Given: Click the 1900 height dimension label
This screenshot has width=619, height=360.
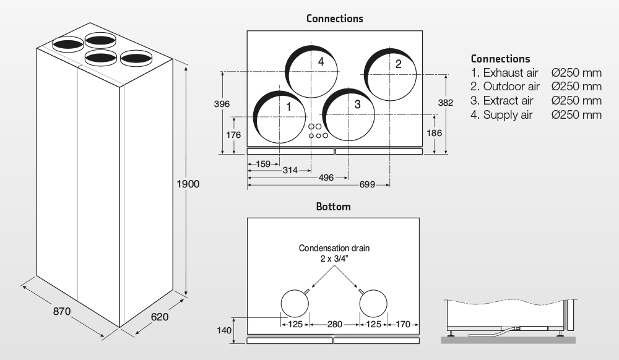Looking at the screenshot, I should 188,184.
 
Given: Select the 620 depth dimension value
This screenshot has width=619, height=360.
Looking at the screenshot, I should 159,317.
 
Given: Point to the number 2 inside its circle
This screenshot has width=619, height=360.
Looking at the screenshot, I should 398,64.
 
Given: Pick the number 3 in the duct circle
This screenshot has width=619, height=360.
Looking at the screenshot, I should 357,104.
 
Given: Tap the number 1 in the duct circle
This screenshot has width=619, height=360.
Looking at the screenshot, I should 288,106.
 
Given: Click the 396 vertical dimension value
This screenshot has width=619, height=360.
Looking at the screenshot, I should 222,104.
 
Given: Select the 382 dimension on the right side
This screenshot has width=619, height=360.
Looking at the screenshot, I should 446,103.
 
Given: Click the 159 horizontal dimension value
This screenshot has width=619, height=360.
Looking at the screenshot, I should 263,165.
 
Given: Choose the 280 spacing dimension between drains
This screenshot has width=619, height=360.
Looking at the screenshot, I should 335,324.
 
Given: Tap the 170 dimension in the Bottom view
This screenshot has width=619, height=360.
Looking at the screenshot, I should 403,324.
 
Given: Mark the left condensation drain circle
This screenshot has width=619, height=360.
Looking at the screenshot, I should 295,304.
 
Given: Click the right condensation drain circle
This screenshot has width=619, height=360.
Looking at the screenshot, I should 373,304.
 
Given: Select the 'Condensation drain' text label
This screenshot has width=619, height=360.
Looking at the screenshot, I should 334,249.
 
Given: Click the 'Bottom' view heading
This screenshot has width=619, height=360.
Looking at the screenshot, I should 333,207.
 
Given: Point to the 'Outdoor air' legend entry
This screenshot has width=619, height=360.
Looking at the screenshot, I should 511,86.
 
